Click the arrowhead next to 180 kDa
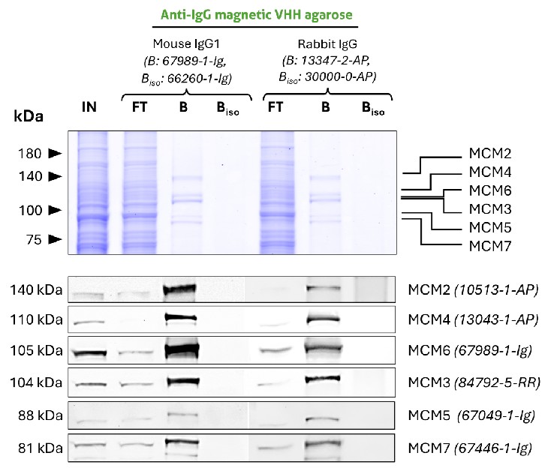(x=55, y=153)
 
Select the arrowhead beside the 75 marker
(x=55, y=239)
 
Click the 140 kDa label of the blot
(x=38, y=289)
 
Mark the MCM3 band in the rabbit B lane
(x=324, y=379)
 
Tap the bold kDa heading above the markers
(x=28, y=117)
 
